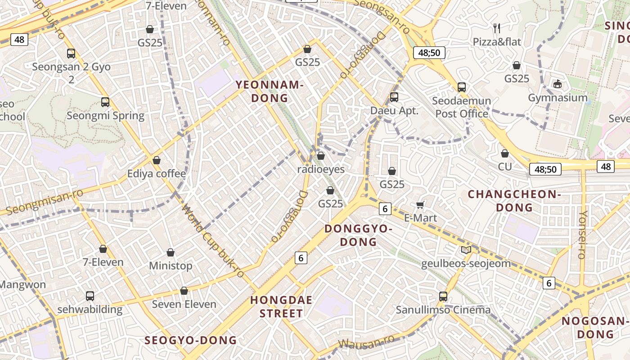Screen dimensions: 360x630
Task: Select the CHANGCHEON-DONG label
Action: tap(514, 201)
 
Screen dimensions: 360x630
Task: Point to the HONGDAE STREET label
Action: tap(281, 307)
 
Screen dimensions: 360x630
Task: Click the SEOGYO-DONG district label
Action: tap(190, 340)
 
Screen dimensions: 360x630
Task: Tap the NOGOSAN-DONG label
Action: tap(595, 328)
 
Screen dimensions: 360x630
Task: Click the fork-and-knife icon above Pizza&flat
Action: tap(497, 28)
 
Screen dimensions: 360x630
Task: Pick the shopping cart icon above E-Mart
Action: tap(420, 205)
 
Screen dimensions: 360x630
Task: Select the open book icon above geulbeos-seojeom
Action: tap(466, 250)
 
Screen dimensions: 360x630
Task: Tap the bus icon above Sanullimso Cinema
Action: tap(443, 297)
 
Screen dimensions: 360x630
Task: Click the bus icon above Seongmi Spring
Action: tap(105, 102)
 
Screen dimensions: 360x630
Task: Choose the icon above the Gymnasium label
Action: tap(558, 84)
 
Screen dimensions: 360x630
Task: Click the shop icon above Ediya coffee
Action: tap(157, 160)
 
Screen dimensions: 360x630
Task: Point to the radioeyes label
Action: tap(321, 169)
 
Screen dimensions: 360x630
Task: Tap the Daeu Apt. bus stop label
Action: tap(394, 111)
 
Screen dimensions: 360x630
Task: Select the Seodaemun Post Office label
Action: tap(462, 107)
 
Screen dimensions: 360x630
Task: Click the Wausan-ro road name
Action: tap(367, 343)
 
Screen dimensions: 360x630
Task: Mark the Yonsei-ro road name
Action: tap(583, 234)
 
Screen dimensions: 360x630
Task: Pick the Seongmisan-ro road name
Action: tap(45, 202)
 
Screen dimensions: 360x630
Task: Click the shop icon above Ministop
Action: tap(171, 252)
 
